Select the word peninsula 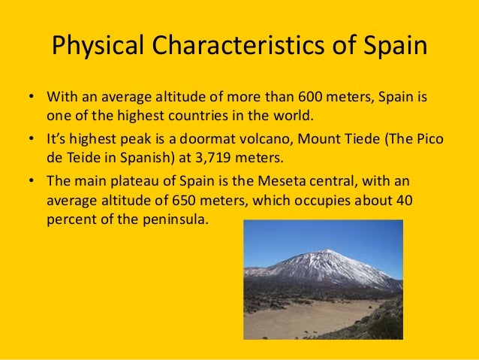176,222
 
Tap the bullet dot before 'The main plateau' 31,182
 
